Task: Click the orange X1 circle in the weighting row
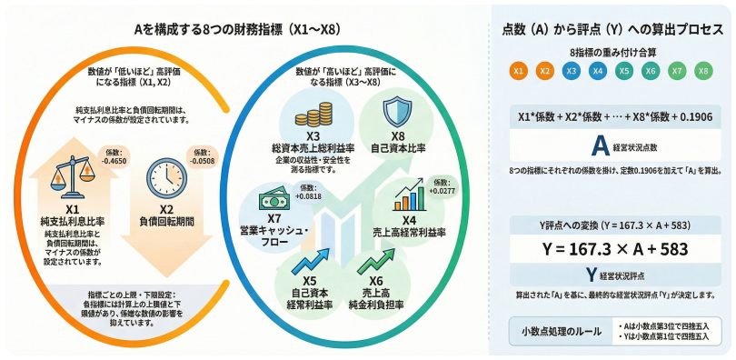[x=518, y=69]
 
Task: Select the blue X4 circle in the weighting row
[x=597, y=69]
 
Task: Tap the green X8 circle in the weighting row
[x=702, y=69]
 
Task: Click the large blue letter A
[x=599, y=145]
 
